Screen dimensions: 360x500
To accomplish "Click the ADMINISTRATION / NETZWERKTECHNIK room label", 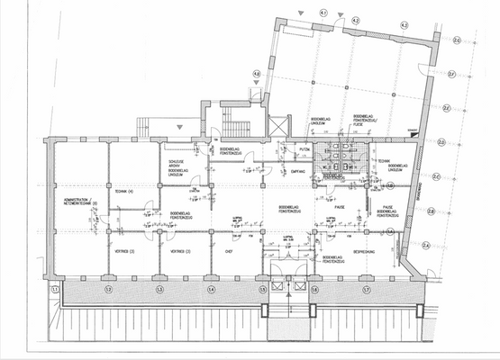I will click(78, 202).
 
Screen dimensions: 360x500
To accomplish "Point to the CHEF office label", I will click(229, 253).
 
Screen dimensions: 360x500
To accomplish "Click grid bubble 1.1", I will click(55, 289).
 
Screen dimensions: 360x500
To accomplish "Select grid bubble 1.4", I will click(212, 289).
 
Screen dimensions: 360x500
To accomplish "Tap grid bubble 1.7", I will click(367, 289).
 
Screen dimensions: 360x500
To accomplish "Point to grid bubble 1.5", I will click(264, 289).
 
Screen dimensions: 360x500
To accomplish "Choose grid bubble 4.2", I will click(355, 19).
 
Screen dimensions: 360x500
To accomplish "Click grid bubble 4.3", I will click(405, 24).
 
